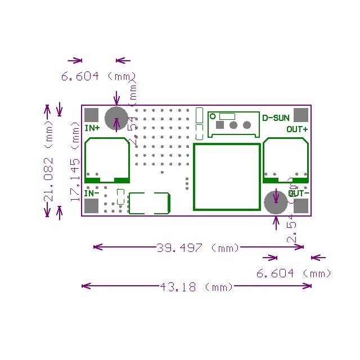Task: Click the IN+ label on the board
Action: pos(92,128)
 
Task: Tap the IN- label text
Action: pos(92,193)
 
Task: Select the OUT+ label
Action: pos(297,129)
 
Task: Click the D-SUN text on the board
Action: pos(276,118)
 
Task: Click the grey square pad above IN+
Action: pos(92,115)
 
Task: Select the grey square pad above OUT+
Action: pos(301,115)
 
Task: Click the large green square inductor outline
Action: pos(227,176)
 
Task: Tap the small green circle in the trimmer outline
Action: pos(213,116)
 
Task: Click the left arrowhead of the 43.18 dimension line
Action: pos(85,286)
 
